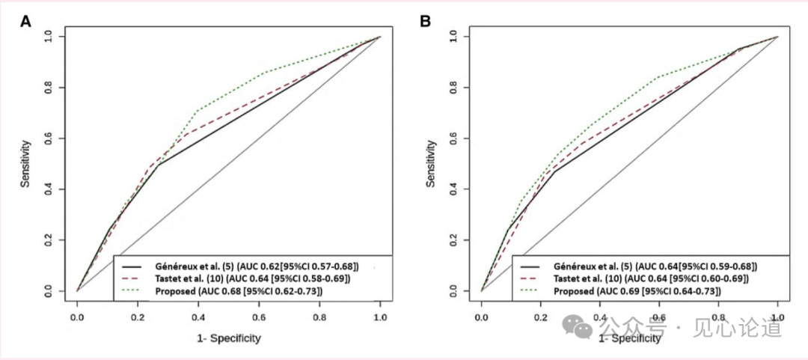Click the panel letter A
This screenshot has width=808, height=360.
coord(25,21)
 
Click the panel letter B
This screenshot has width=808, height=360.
coord(425,21)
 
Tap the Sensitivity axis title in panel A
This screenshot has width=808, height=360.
coord(25,162)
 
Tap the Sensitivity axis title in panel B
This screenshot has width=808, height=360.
coord(431,162)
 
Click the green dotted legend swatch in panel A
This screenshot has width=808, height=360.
coord(132,290)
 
